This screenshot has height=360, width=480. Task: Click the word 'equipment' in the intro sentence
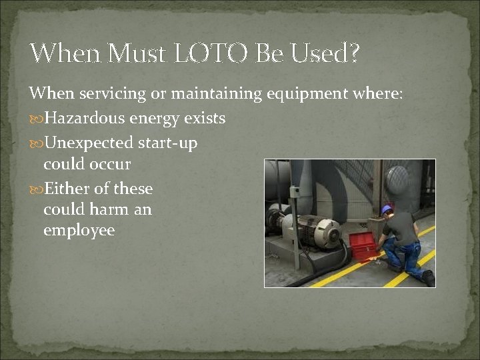click(x=310, y=94)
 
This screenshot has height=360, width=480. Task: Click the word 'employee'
click(x=79, y=231)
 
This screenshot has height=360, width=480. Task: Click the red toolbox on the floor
click(x=363, y=245)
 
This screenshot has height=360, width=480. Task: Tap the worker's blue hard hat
click(x=387, y=210)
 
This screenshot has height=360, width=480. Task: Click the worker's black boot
click(x=427, y=277)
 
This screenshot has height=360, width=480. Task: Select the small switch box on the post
click(x=294, y=193)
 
